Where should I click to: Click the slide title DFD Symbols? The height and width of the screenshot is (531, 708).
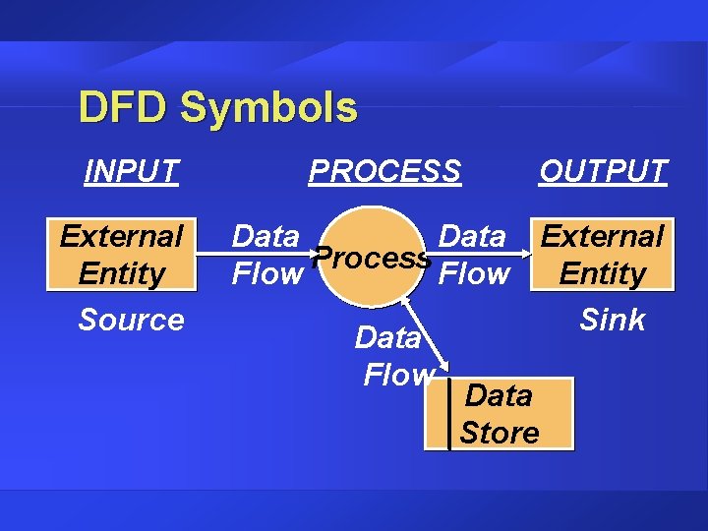point(217,108)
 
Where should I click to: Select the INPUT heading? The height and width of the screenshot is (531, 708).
point(131,171)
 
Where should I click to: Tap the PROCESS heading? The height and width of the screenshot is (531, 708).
point(384,171)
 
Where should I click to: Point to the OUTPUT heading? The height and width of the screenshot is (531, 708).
point(603,171)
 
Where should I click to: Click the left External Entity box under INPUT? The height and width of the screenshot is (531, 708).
point(121,254)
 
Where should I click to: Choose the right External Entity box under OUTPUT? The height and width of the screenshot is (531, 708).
point(602,254)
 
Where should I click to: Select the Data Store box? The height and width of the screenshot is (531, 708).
point(500,414)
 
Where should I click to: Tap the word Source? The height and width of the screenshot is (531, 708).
point(131,320)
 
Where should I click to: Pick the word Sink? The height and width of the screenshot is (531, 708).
point(612,320)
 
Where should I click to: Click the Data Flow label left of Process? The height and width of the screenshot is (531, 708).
point(265,255)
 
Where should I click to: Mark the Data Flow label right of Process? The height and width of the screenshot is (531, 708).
point(473,255)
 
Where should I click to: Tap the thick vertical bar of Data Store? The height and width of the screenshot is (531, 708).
point(448,414)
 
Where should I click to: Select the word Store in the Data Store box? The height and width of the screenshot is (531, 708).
point(500,433)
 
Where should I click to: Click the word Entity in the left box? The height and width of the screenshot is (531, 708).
point(121,273)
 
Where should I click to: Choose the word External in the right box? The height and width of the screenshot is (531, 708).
point(602,236)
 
